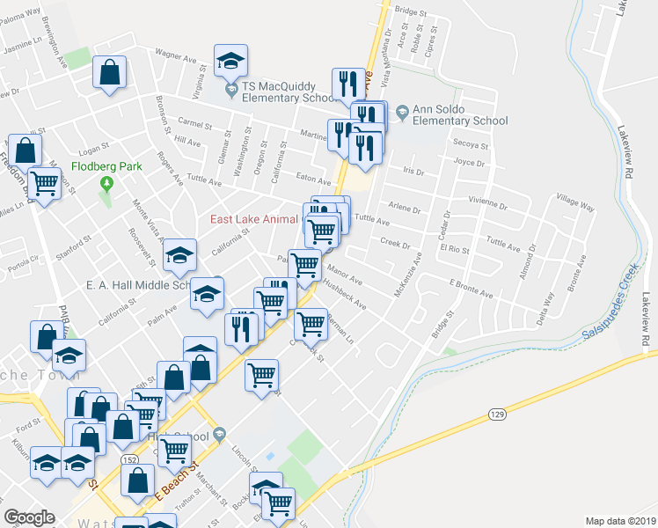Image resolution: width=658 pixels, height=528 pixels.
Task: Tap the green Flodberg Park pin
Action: (107, 184)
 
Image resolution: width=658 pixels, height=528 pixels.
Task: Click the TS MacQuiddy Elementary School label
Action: (289, 86)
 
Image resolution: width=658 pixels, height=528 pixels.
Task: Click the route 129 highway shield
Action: (496, 413)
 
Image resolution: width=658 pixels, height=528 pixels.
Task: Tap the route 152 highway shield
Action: (130, 460)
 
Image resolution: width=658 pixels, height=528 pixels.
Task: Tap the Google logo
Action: (29, 517)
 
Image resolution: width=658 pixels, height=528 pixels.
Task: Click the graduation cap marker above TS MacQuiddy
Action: (230, 61)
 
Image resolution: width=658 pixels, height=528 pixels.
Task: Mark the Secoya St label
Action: (471, 146)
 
